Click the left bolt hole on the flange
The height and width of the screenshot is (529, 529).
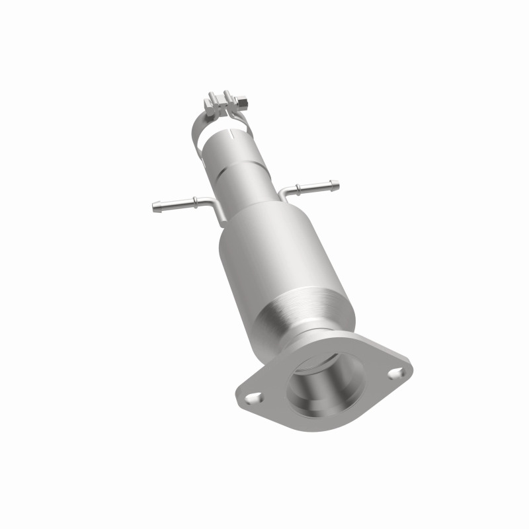click(x=254, y=398)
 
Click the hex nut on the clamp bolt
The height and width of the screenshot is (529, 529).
click(x=243, y=103)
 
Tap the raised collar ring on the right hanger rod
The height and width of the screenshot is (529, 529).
click(x=298, y=188)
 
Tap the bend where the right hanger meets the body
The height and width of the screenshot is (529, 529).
click(x=282, y=193)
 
